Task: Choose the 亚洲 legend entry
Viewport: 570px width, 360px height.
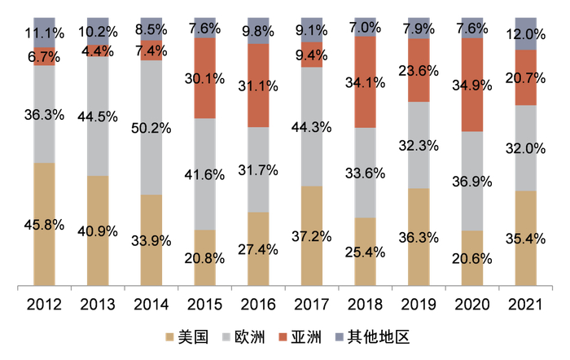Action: (305, 337)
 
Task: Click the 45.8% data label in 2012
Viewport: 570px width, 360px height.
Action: (45, 225)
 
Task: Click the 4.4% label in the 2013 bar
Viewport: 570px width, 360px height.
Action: (98, 50)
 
